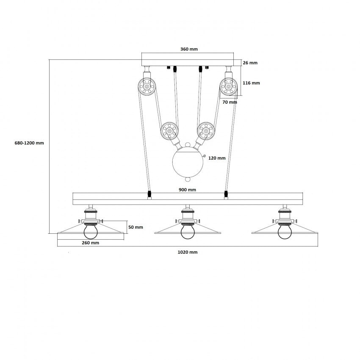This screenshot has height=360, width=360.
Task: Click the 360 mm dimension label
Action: (189, 49)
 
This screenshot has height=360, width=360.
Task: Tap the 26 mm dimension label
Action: (250, 63)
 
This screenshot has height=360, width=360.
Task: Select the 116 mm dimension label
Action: (251, 83)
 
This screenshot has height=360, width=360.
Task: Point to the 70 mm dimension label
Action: (230, 102)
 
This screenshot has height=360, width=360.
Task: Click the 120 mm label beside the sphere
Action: (217, 158)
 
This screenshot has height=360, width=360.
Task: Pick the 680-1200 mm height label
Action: (29, 143)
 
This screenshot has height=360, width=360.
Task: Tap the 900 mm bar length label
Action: (187, 190)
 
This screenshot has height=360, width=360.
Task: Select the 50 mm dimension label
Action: (136, 227)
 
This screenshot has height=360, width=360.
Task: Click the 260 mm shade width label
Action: (91, 243)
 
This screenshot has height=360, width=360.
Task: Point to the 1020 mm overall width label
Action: (188, 252)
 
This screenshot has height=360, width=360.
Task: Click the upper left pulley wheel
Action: (147, 86)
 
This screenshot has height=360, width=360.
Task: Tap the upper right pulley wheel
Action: (228, 86)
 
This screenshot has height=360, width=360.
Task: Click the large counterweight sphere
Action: (188, 162)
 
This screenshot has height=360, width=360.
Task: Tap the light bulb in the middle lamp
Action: (188, 232)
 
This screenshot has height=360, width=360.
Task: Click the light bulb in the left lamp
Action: (91, 232)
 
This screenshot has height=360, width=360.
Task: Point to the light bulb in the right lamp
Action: (285, 232)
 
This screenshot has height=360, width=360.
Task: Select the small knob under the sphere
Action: (188, 179)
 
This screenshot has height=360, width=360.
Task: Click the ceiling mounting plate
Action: (188, 59)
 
